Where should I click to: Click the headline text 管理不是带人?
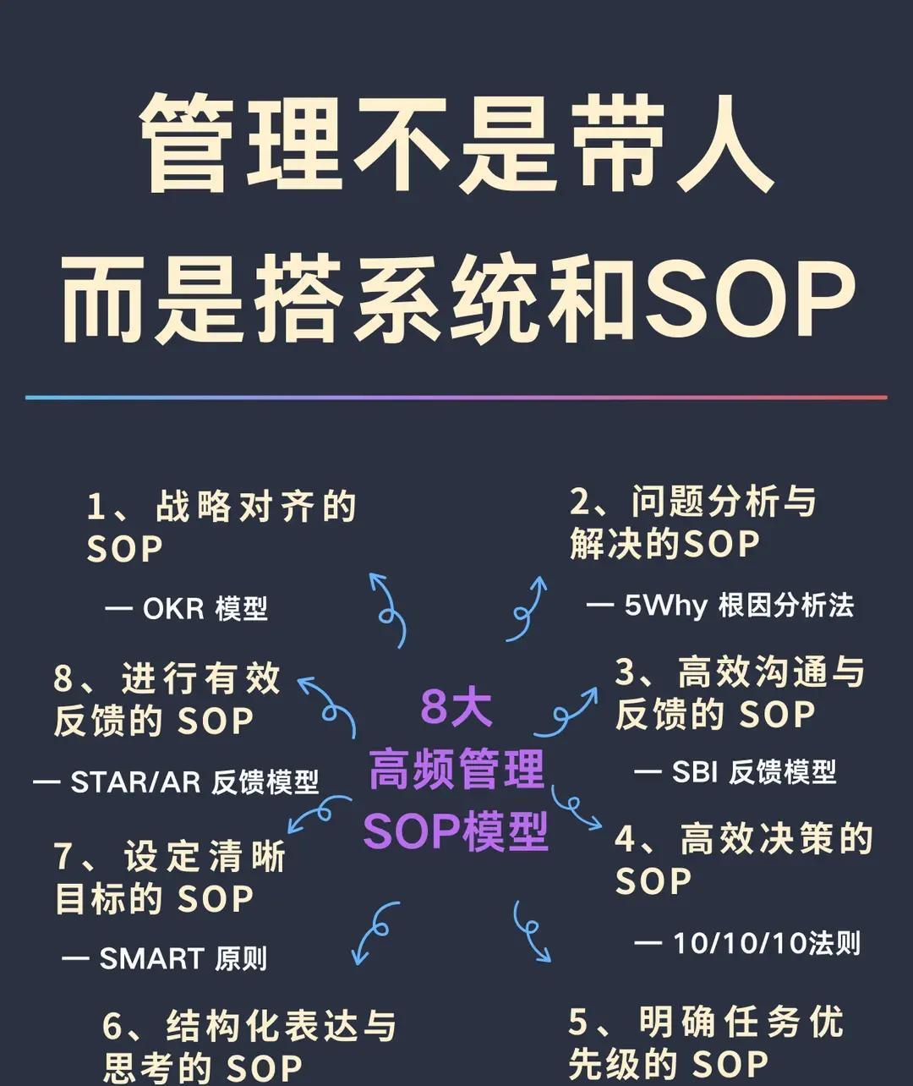coord(456,144)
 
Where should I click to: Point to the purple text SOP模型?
coord(456,831)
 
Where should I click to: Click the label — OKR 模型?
coord(186,608)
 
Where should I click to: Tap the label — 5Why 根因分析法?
coord(720,605)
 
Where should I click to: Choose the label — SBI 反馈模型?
coord(735,771)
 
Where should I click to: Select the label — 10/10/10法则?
coord(747,943)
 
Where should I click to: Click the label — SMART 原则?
coord(165,958)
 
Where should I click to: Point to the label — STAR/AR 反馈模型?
coord(176,782)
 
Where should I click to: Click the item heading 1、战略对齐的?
coord(221,507)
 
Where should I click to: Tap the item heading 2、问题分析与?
coord(693,502)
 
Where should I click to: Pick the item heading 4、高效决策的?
coord(744,839)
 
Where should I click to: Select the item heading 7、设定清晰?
coord(171,856)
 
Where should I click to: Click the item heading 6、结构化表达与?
coord(249,1026)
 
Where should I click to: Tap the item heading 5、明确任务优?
coord(706,1022)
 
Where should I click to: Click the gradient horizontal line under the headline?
coord(456,397)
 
